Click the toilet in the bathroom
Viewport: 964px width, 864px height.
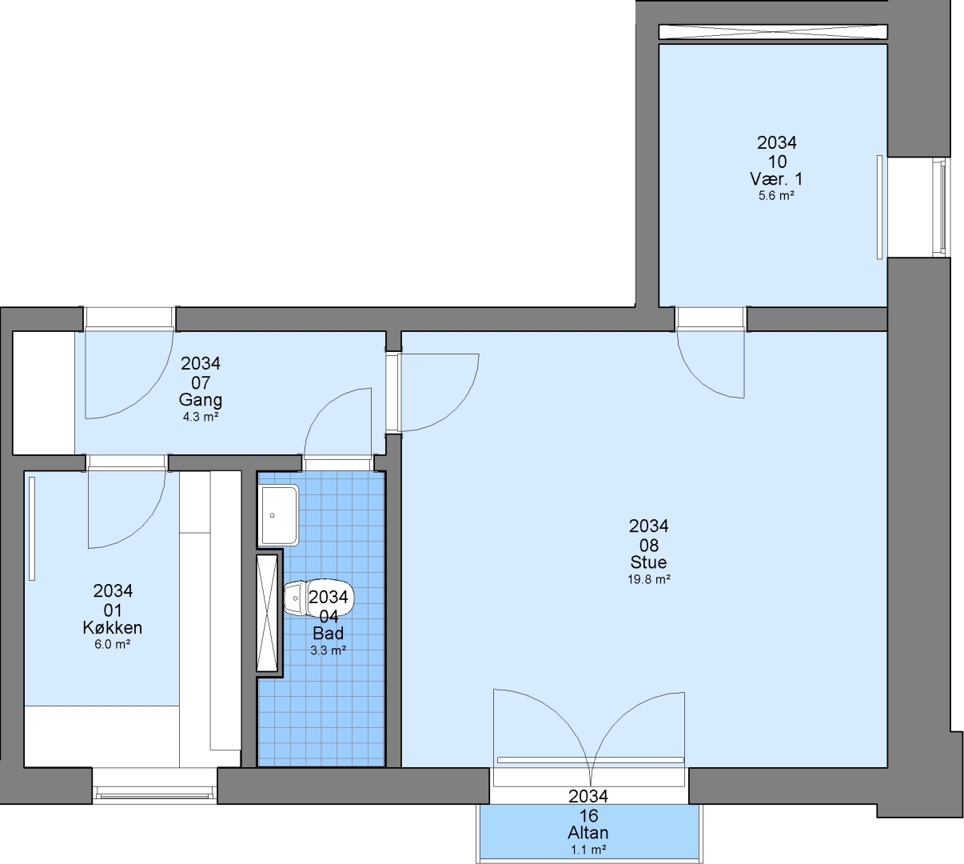click(x=318, y=598)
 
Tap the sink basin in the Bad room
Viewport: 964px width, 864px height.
click(x=278, y=515)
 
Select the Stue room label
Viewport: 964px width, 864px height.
click(x=648, y=562)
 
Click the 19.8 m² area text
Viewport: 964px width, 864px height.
click(x=649, y=579)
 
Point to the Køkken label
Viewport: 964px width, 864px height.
click(x=112, y=627)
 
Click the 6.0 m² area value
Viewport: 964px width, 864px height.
click(x=112, y=644)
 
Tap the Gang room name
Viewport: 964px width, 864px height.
click(x=201, y=400)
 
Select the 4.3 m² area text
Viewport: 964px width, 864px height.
click(x=201, y=417)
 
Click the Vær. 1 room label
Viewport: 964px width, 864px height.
click(x=776, y=179)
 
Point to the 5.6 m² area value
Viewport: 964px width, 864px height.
click(x=776, y=195)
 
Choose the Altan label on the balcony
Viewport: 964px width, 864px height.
click(x=588, y=833)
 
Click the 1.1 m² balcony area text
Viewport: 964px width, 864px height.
click(x=588, y=850)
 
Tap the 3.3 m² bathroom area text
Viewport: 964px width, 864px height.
click(x=329, y=650)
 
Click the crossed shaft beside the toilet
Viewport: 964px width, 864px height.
click(x=268, y=613)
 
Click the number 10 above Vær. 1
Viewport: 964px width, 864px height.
click(x=777, y=162)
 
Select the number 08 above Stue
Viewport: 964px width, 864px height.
click(x=649, y=545)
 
